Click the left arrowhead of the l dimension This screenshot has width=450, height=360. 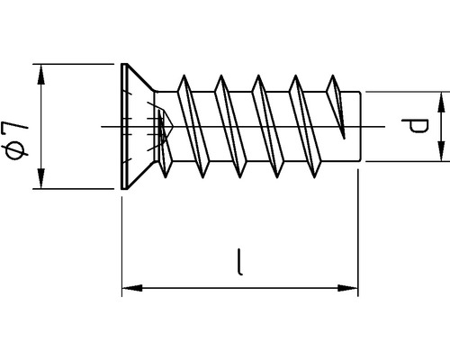[x=129, y=288]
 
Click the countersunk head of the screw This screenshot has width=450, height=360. [x=135, y=127]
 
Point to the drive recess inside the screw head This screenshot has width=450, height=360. [x=159, y=127]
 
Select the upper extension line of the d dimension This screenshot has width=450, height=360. [x=405, y=91]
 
